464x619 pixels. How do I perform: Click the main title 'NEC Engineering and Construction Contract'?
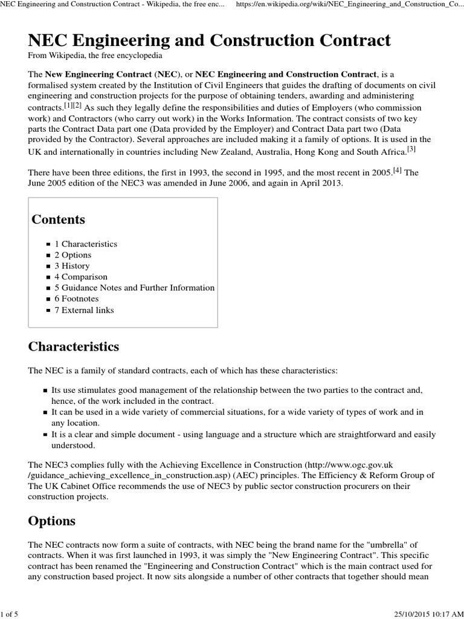(209, 41)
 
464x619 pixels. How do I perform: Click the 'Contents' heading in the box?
(58, 219)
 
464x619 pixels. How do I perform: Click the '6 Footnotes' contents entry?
(76, 299)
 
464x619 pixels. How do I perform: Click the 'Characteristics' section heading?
(73, 347)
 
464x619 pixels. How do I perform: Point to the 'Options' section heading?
(51, 520)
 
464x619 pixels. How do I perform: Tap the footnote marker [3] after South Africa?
(411, 149)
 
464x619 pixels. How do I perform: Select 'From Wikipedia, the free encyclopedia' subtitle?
(95, 56)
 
